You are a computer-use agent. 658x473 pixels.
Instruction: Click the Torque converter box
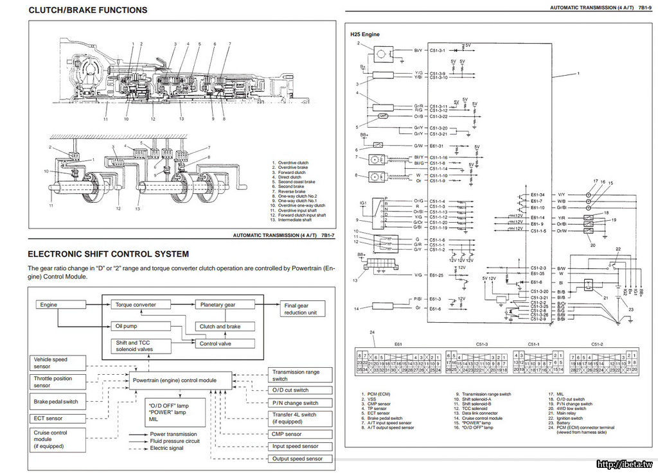tap(134, 304)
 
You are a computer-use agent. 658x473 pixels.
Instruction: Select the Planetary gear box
tap(218, 304)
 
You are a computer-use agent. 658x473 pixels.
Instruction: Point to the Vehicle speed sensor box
tap(57, 363)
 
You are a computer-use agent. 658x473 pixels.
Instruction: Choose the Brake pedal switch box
tap(57, 402)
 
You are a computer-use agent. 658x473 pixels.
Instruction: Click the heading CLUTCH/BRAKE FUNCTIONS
tap(88, 10)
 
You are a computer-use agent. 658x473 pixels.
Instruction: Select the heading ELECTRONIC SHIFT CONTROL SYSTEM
tap(108, 254)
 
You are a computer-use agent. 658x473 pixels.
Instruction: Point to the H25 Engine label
tap(366, 33)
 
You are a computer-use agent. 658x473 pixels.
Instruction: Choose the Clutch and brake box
tap(220, 326)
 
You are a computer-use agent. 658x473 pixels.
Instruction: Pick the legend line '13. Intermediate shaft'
tap(298, 219)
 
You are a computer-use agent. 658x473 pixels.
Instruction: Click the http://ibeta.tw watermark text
tap(624, 464)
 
